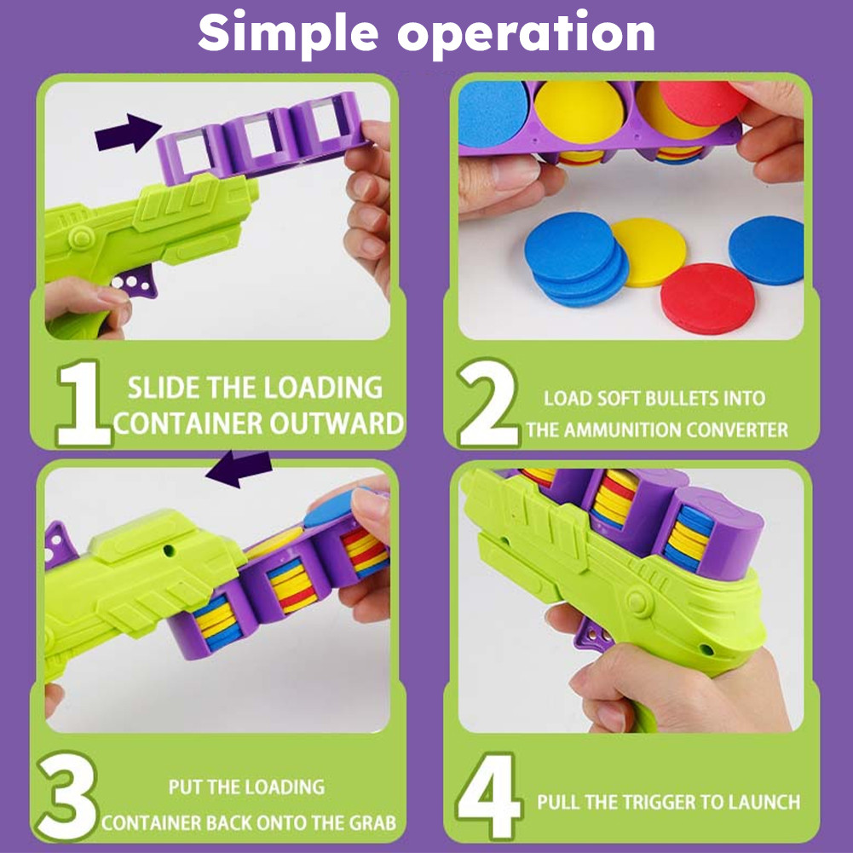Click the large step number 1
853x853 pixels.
pyautogui.click(x=83, y=403)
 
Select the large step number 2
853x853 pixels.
pyautogui.click(x=488, y=403)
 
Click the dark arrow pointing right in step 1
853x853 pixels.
pyautogui.click(x=128, y=132)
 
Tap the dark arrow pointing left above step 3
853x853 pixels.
pyautogui.click(x=239, y=468)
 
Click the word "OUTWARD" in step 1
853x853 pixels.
pyautogui.click(x=337, y=424)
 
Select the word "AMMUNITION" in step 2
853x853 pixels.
pyautogui.click(x=622, y=429)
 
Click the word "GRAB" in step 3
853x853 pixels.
pyautogui.click(x=372, y=822)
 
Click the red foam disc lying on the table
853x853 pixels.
pyautogui.click(x=707, y=298)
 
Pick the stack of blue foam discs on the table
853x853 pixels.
pyautogui.click(x=575, y=259)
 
